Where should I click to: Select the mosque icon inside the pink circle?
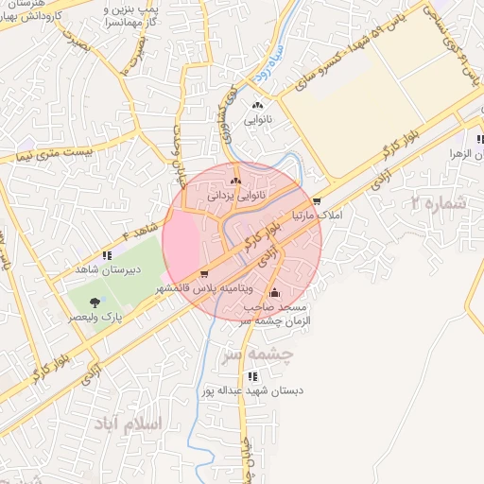pyautogui.click(x=275, y=292)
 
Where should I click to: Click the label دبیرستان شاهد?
pyautogui.click(x=108, y=269)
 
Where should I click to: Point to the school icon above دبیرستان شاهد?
pyautogui.click(x=108, y=255)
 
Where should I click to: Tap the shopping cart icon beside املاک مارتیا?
pyautogui.click(x=317, y=201)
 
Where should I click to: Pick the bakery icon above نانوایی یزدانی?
pyautogui.click(x=235, y=180)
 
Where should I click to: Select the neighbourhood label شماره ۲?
pyautogui.click(x=441, y=202)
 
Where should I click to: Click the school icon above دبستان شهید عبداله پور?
pyautogui.click(x=251, y=376)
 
